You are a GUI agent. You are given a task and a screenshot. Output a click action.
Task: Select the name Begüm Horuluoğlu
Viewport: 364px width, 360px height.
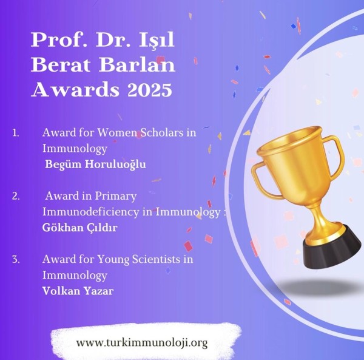pos(95,164)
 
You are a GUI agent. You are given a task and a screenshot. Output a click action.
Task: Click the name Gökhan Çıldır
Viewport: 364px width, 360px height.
pos(80,228)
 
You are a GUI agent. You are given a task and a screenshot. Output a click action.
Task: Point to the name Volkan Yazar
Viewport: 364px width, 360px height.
pos(78,291)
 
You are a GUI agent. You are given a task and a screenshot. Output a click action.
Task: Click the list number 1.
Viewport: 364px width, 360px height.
pos(16,133)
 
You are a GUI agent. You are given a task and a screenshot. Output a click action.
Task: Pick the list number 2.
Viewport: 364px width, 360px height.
pos(16,196)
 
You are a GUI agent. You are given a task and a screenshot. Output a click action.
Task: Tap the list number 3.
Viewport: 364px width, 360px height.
pos(16,259)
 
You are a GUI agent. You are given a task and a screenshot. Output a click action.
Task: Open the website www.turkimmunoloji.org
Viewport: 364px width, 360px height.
pos(142,343)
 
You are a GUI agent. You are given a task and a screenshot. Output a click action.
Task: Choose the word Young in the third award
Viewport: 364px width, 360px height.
pos(113,260)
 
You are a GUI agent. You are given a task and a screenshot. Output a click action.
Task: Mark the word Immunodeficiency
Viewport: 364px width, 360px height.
pos(90,212)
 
